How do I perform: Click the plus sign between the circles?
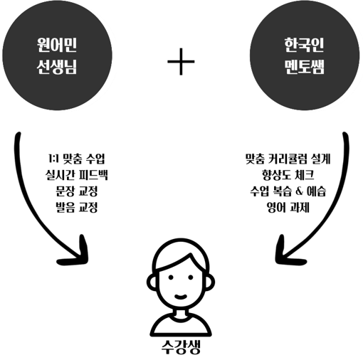tap(181, 61)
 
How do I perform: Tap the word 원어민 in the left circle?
tap(57, 45)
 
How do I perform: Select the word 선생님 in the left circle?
tap(57, 67)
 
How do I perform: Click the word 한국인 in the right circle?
tap(305, 45)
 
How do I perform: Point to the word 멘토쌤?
tap(305, 67)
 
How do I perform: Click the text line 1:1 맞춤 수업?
tap(76, 159)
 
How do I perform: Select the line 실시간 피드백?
tap(76, 175)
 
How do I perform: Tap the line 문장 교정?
tap(76, 191)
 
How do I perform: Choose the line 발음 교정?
tap(76, 207)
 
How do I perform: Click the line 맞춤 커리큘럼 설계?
tap(288, 159)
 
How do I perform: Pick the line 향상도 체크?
tap(288, 175)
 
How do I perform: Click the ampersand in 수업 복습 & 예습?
tap(300, 191)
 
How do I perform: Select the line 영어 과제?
tap(288, 207)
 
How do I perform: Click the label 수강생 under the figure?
tap(181, 347)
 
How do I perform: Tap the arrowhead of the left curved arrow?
tap(77, 254)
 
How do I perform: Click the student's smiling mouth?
tap(181, 296)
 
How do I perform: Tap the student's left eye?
tap(171, 277)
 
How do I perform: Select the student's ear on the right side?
tap(210, 282)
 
